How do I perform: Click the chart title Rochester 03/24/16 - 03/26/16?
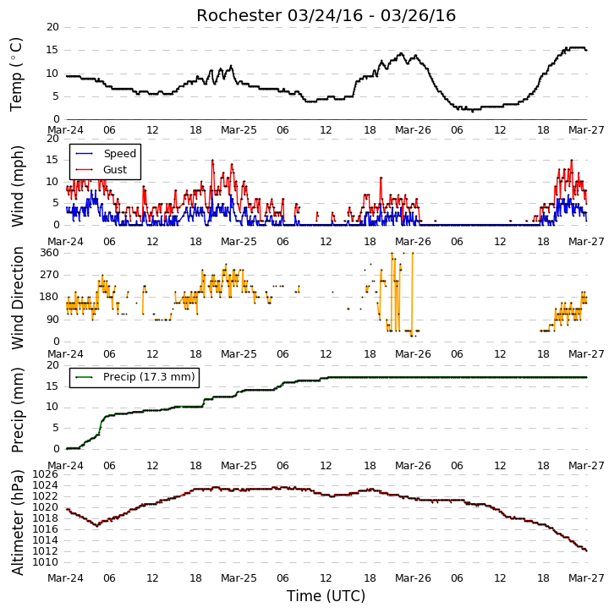(326, 16)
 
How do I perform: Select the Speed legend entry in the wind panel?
(106, 153)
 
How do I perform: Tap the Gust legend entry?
(101, 169)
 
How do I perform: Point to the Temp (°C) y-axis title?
(16, 74)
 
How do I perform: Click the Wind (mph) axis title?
(17, 186)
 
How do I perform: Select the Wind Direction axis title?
(17, 298)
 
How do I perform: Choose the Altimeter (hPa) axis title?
(17, 523)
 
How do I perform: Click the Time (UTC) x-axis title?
(326, 596)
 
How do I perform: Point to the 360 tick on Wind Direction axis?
(49, 253)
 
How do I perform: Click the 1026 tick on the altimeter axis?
(46, 474)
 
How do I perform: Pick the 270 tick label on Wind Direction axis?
(49, 275)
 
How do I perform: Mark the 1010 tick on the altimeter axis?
(46, 562)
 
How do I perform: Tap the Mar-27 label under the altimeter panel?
(586, 578)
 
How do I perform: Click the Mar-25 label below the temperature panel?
(238, 130)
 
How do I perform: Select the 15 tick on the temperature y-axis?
(52, 50)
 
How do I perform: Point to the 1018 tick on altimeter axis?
(46, 518)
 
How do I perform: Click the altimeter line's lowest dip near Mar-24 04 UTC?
(97, 526)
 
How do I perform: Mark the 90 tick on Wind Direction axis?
(52, 320)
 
